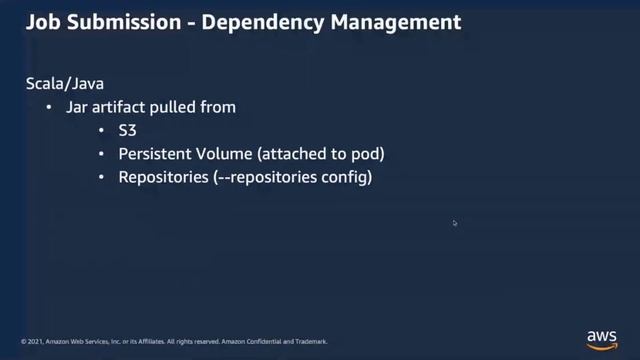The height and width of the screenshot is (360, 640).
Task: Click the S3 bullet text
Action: pyautogui.click(x=128, y=130)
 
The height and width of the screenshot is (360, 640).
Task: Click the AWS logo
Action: pyautogui.click(x=603, y=338)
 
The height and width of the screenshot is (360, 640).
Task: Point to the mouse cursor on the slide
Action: pyautogui.click(x=454, y=223)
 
